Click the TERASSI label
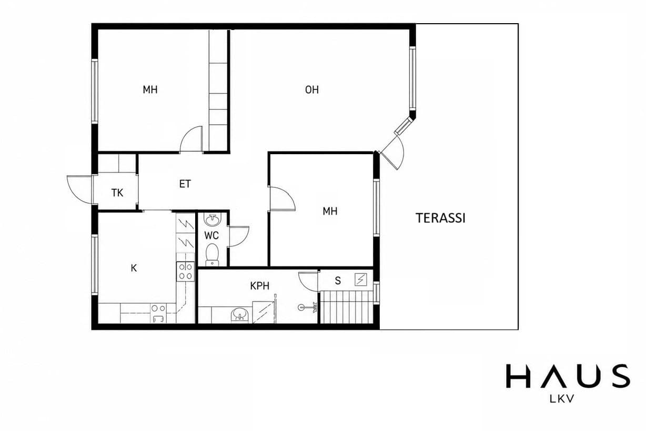(440, 218)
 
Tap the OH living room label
(312, 89)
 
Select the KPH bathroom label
(259, 286)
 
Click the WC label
(211, 235)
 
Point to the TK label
(117, 193)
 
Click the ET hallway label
(185, 184)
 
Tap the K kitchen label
(134, 268)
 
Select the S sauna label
(338, 280)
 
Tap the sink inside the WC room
(212, 220)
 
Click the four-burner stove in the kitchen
(186, 271)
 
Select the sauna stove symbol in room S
(361, 280)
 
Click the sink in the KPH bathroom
(239, 315)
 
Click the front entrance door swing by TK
(79, 189)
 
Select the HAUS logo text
(568, 376)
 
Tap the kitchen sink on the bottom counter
(158, 313)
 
